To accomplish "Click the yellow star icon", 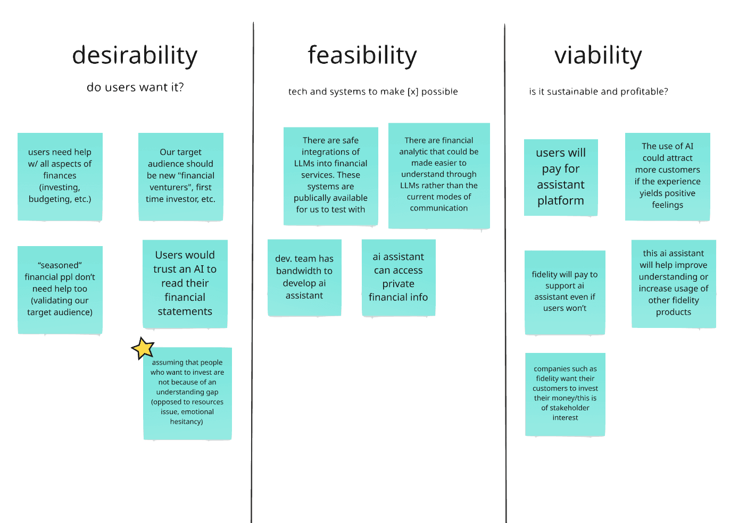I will [x=143, y=349].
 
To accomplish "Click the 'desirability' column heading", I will [x=135, y=56].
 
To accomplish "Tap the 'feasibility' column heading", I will [x=362, y=56].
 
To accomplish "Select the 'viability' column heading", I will [x=598, y=56].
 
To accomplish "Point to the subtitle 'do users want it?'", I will [x=135, y=87].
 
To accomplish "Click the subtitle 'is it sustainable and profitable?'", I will [x=598, y=91].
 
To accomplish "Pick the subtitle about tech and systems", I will [x=373, y=91].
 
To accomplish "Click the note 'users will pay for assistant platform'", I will [x=561, y=177].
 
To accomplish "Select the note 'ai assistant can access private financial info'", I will [x=398, y=277].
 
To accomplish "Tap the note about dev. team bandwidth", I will [x=304, y=277].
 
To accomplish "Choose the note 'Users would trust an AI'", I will [x=185, y=283].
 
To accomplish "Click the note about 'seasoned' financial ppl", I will [x=60, y=289].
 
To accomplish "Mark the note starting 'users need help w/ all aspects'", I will [x=60, y=176].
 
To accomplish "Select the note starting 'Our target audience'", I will [x=180, y=176].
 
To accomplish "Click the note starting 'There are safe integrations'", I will [x=330, y=175].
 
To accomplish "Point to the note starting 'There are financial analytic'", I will [x=439, y=175].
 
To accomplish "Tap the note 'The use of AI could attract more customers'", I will [x=667, y=176].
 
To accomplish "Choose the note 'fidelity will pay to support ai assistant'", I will [x=565, y=292].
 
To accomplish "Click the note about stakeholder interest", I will [x=565, y=394].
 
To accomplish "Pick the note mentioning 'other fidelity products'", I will [x=673, y=283].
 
